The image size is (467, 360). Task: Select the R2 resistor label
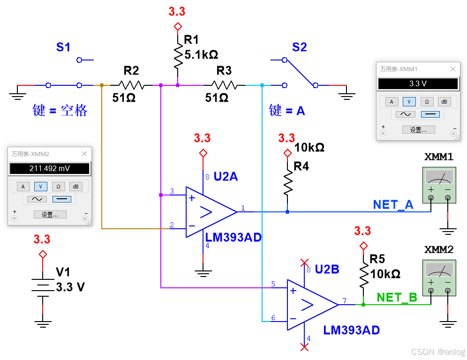[131, 71]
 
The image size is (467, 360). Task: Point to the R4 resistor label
[301, 166]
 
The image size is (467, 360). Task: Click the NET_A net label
[393, 204]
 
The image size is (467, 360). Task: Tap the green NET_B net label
[397, 298]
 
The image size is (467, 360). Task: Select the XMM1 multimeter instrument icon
[439, 183]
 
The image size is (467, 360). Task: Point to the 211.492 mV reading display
[50, 168]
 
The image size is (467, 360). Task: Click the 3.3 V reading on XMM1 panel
[417, 84]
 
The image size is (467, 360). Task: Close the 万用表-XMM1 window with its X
[452, 69]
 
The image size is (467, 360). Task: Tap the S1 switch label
[63, 47]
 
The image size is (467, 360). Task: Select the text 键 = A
[286, 111]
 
